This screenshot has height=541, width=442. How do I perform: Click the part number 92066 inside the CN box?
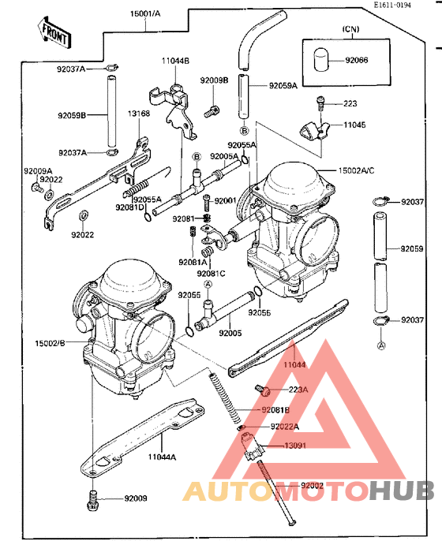[355, 60]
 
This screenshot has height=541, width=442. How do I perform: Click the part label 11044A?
[162, 455]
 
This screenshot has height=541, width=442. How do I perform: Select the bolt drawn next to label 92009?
[92, 498]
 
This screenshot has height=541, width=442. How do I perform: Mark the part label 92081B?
[275, 409]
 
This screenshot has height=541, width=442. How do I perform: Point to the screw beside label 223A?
[263, 390]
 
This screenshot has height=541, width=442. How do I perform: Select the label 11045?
[354, 125]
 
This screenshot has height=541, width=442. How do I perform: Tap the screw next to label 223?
[320, 101]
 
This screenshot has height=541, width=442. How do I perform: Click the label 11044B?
[175, 61]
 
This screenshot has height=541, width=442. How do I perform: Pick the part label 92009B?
[213, 80]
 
